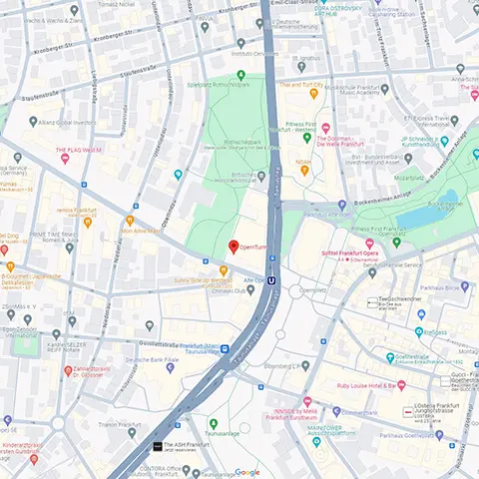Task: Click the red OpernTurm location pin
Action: click(x=234, y=245)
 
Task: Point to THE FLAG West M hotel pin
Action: click(x=64, y=160)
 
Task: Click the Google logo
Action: click(x=246, y=472)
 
